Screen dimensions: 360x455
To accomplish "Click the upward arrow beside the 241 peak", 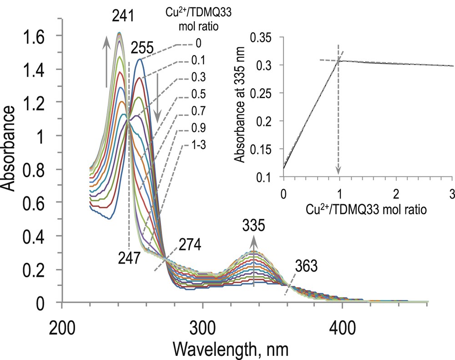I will click(106, 61).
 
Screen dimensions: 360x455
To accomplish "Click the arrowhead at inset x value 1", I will click(338, 171).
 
